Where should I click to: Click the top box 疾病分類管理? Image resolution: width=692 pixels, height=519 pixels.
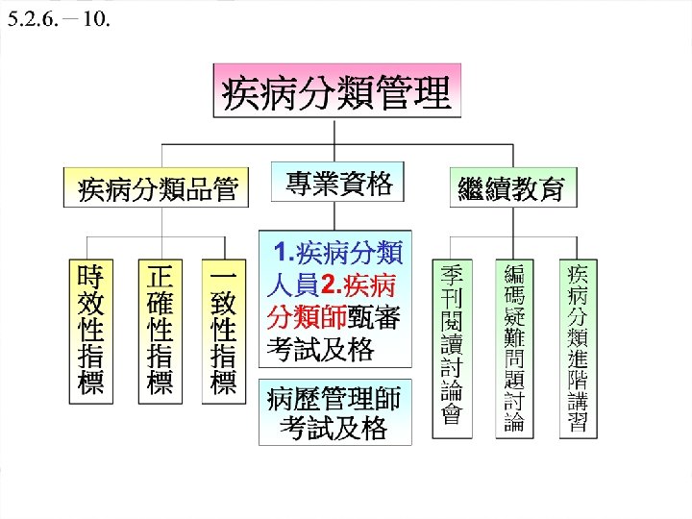pos(336,93)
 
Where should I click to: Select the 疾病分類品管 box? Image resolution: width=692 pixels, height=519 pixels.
pos(158,186)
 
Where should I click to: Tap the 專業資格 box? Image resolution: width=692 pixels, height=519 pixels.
pos(339,183)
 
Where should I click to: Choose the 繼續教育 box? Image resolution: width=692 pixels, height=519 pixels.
pos(512,186)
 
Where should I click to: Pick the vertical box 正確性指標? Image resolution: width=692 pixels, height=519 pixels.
pos(158,329)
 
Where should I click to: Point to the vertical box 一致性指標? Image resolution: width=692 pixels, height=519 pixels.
pos(223,329)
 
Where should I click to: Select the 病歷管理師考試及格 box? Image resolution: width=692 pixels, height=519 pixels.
pos(334,412)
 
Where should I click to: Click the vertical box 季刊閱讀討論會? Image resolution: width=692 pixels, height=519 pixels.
pos(452,344)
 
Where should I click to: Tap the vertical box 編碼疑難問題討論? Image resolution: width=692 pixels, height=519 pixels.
pos(514,344)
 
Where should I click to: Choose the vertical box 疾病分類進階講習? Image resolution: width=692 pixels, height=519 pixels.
pos(578,344)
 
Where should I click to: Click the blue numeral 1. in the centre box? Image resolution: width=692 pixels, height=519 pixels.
pos(285,254)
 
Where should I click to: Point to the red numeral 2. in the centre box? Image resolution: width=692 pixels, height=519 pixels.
pos(331,285)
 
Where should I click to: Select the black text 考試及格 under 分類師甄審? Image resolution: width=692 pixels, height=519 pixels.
pos(320,350)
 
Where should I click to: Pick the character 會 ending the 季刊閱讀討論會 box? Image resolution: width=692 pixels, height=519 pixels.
pos(452,415)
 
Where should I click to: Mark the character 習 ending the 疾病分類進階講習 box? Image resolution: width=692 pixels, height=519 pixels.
pos(578,422)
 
